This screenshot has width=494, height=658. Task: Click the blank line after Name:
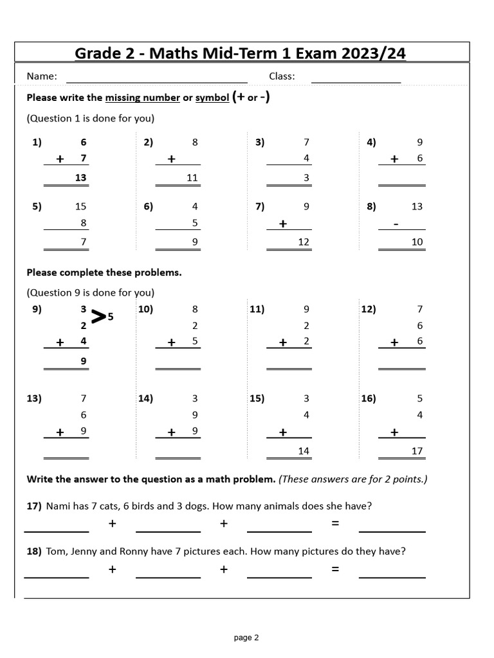pyautogui.click(x=157, y=82)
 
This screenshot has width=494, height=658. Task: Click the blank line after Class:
pyautogui.click(x=356, y=82)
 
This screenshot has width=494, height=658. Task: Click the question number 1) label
pyautogui.click(x=37, y=143)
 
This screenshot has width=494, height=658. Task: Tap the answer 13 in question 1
pyautogui.click(x=80, y=178)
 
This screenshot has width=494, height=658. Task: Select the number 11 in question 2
pyautogui.click(x=192, y=178)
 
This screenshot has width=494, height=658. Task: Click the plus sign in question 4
pyautogui.click(x=394, y=159)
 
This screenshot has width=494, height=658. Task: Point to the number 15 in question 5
pyautogui.click(x=80, y=207)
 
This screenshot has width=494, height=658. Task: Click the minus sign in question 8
pyautogui.click(x=396, y=224)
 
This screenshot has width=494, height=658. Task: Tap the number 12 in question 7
pyautogui.click(x=304, y=242)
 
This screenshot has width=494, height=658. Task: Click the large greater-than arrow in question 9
pyautogui.click(x=98, y=316)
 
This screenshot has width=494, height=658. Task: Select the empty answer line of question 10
pyautogui.click(x=178, y=368)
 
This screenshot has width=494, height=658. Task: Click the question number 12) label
pyautogui.click(x=369, y=309)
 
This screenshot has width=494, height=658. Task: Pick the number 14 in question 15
pyautogui.click(x=304, y=451)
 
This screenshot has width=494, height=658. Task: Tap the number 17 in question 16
pyautogui.click(x=417, y=451)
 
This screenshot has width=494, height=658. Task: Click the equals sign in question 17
pyautogui.click(x=335, y=524)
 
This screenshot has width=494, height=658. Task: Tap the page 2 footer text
pyautogui.click(x=246, y=638)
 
